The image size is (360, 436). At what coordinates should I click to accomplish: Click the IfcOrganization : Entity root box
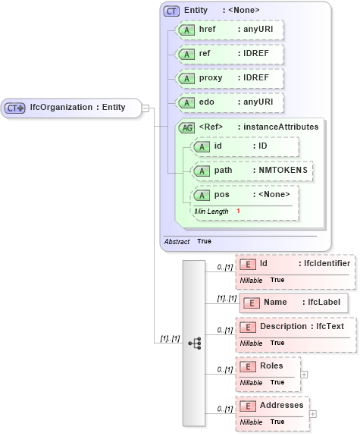71,108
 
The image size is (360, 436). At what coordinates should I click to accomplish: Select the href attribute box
229,30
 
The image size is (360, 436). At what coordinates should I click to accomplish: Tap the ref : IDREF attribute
229,55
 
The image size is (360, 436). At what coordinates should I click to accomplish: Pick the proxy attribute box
229,79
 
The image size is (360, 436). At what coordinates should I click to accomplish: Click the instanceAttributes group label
277,127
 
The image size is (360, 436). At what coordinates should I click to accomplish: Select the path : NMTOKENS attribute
252,171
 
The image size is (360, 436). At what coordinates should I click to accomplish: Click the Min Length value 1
238,211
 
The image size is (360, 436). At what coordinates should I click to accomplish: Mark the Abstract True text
188,241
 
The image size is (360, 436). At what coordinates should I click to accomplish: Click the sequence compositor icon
194,343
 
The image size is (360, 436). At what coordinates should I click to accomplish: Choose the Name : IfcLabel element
294,303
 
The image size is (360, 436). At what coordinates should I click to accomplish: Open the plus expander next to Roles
304,374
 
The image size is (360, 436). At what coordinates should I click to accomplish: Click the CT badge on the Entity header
171,10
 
